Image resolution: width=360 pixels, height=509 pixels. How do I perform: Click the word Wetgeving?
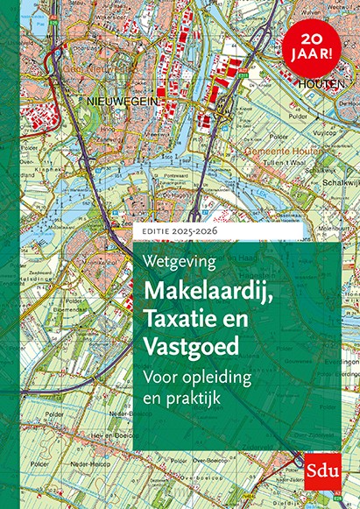pos(178,260)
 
